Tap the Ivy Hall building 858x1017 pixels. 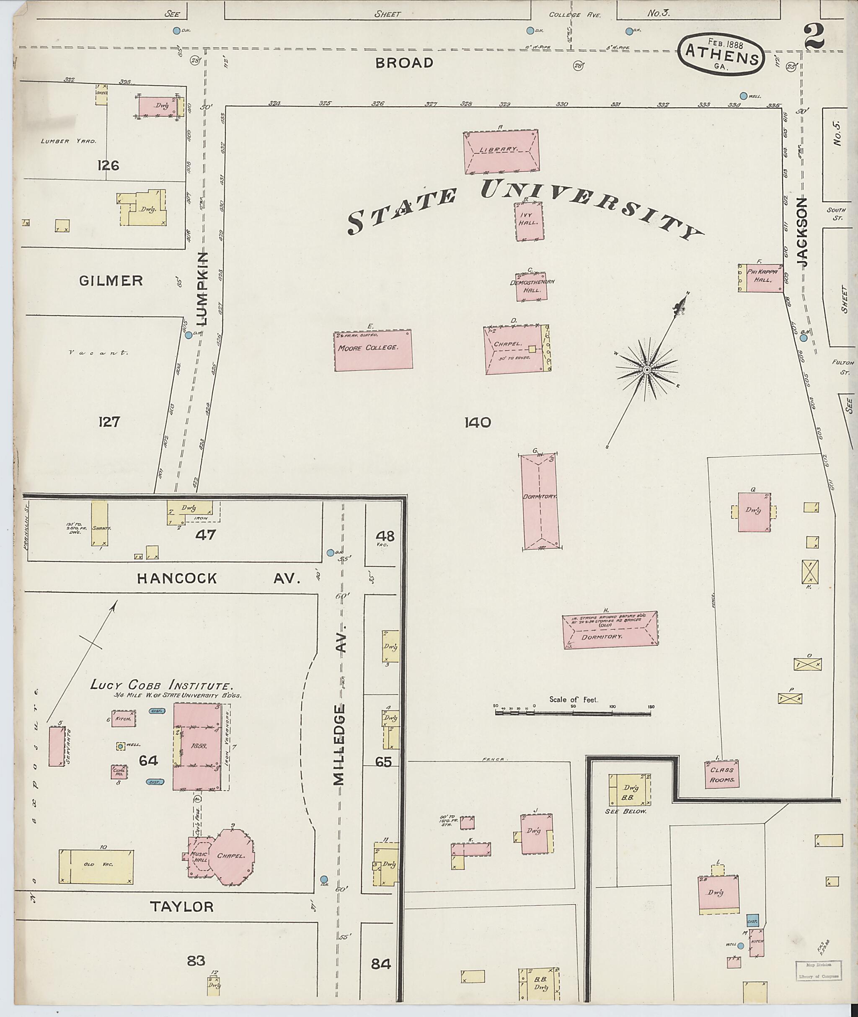coord(529,221)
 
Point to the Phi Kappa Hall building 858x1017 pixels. coord(762,278)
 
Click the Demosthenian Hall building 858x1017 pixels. coord(532,286)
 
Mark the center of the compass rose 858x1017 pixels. coord(647,371)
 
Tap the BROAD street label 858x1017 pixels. coord(404,63)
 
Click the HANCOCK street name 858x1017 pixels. coord(176,579)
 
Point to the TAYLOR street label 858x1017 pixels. coord(181,906)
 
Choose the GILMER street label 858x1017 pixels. coord(111,281)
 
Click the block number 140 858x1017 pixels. coord(477,423)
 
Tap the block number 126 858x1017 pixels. coord(108,166)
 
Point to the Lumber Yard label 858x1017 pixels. coord(69,141)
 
